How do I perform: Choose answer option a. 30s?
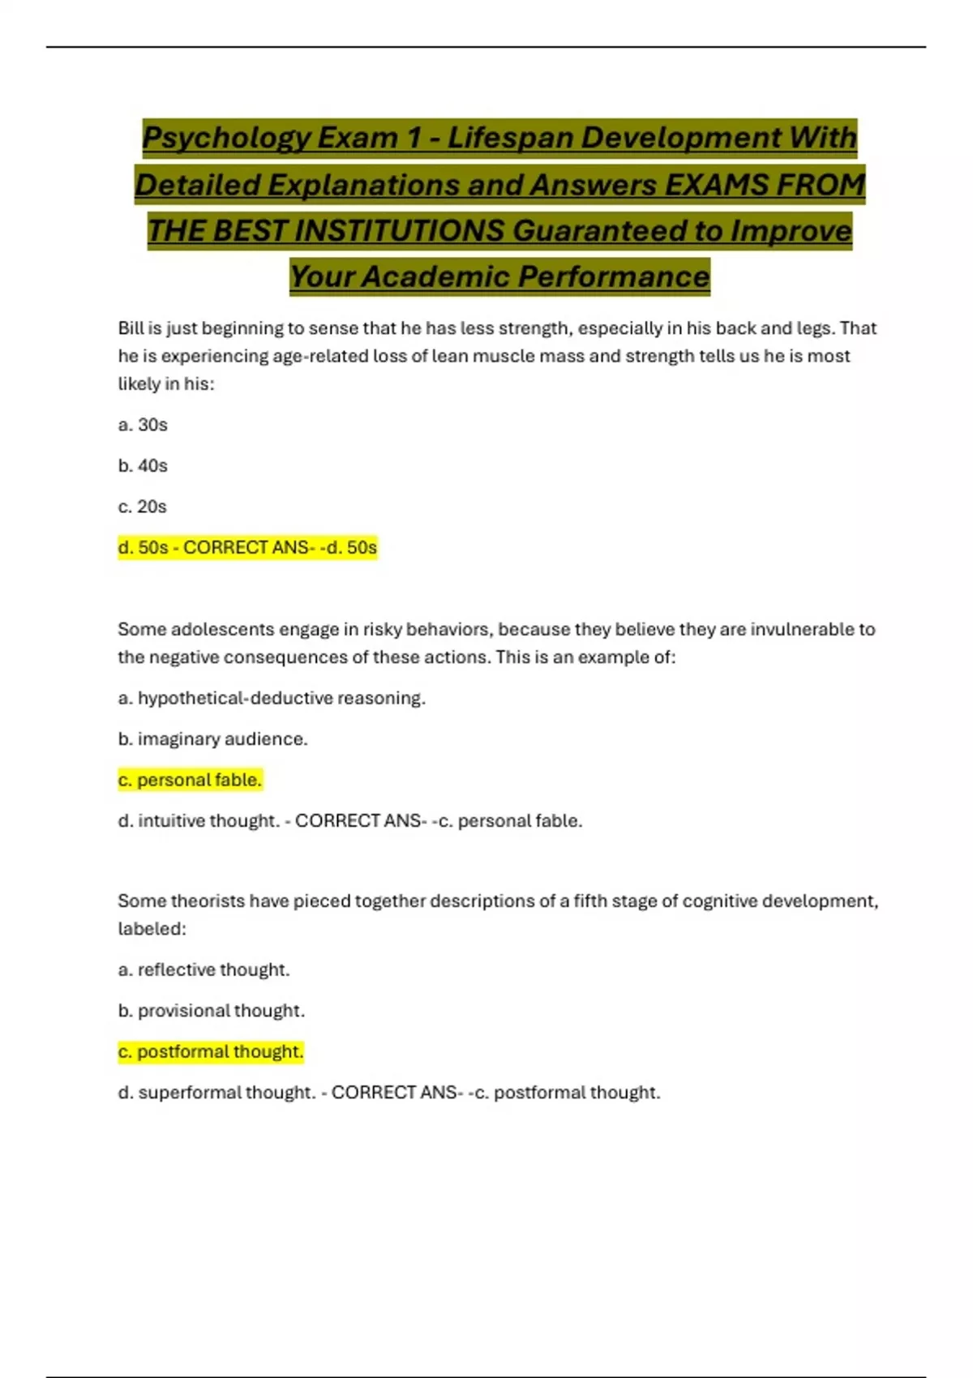(143, 425)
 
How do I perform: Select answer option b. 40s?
(143, 466)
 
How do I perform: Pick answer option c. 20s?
(143, 507)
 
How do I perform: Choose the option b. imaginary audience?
(212, 739)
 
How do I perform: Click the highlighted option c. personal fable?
(191, 780)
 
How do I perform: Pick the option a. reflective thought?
(204, 970)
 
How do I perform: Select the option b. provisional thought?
(212, 1011)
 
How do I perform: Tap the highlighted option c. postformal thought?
(211, 1052)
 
